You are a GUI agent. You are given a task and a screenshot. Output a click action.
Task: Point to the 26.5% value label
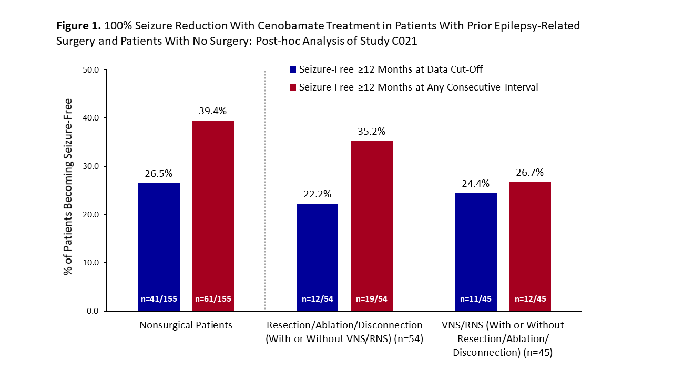tap(159, 173)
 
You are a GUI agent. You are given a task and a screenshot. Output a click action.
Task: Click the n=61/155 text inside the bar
tap(213, 299)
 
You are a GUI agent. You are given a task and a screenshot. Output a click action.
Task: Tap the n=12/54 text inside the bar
tap(317, 299)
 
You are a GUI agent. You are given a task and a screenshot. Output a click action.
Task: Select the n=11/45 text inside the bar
tap(475, 299)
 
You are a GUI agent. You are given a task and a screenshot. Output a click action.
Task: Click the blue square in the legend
tap(293, 69)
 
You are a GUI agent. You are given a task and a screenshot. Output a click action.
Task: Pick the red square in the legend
tap(293, 87)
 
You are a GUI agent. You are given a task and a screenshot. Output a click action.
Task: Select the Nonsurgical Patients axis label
tap(186, 325)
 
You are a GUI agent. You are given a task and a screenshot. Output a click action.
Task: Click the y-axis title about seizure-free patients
tap(68, 186)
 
